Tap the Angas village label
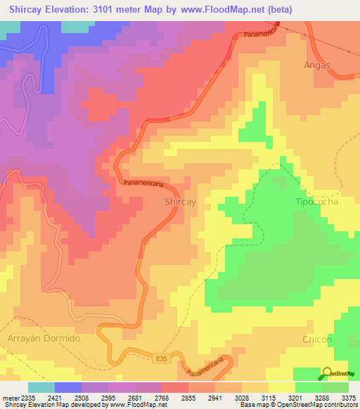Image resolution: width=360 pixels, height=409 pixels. (315, 65)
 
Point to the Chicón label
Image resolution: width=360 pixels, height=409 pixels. (316, 339)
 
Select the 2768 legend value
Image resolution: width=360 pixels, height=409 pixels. (161, 397)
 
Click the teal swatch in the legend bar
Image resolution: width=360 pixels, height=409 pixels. (41, 387)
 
